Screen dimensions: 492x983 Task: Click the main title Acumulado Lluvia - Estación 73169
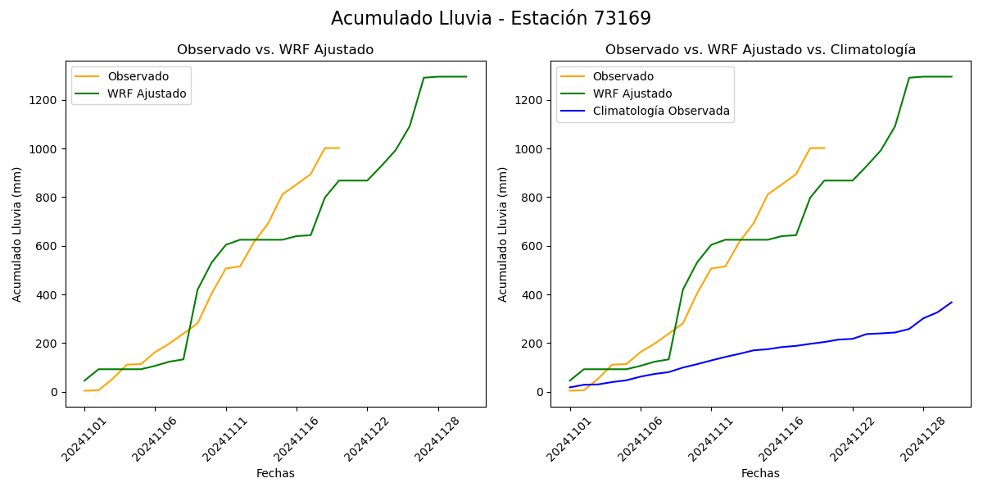[491, 19]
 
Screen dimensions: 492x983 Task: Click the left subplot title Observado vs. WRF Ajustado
[275, 50]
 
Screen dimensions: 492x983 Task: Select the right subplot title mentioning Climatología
[760, 50]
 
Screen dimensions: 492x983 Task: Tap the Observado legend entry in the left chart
[138, 76]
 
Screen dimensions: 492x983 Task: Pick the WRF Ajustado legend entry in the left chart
[147, 93]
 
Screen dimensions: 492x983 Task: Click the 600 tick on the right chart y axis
[531, 246]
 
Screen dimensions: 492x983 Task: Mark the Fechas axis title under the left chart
[275, 473]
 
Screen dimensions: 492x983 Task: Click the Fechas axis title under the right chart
[760, 473]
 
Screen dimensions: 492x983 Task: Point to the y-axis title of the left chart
[17, 234]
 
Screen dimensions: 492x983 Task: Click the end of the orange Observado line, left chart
[339, 148]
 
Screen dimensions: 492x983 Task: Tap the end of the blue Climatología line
[952, 302]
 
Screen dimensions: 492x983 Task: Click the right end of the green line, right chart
[952, 76]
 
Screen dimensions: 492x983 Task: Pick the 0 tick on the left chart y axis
[53, 392]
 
